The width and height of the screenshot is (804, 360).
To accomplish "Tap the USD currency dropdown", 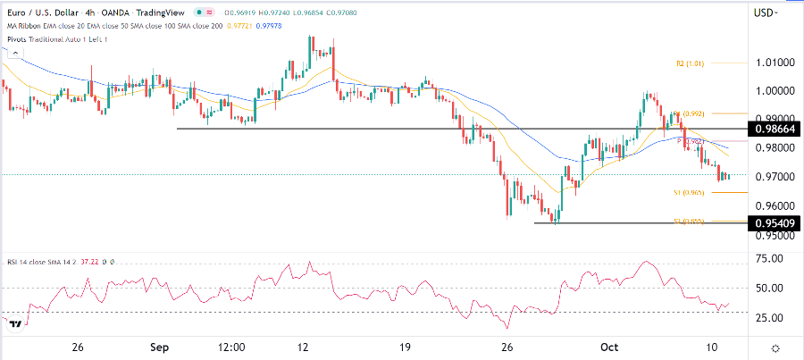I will [766, 13].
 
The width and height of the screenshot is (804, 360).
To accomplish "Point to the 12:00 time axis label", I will [231, 347].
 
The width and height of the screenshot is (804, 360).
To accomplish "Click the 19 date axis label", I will [405, 347].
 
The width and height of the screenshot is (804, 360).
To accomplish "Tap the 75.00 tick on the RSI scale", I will [768, 259].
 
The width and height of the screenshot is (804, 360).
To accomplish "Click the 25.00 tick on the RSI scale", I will [768, 317].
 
